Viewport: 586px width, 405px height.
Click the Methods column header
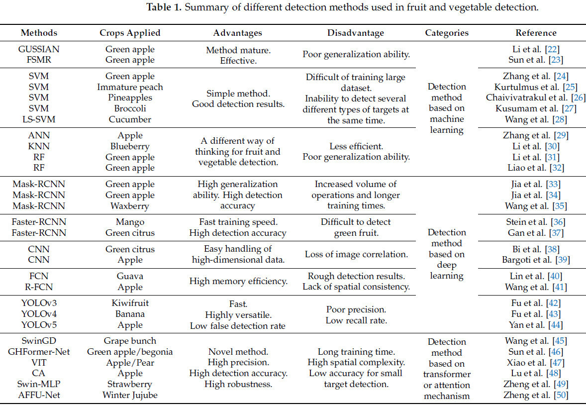tap(39, 33)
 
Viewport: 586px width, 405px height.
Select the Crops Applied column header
tap(130, 33)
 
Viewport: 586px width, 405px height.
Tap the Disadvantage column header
tap(356, 33)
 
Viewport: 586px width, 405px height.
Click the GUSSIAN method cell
tap(39, 49)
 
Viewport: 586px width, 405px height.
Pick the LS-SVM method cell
tap(39, 119)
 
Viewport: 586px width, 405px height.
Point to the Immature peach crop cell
tap(130, 87)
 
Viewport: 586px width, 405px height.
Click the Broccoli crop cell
tap(130, 108)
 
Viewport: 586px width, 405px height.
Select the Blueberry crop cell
tap(130, 146)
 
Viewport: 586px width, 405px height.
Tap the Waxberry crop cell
tap(130, 205)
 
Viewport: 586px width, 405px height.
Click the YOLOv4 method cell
tap(39, 314)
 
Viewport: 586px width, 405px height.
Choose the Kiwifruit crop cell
tap(130, 303)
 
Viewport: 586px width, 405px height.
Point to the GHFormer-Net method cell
tap(39, 352)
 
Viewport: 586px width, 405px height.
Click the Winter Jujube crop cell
tap(130, 395)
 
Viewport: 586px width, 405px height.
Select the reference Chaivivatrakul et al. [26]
tap(536, 98)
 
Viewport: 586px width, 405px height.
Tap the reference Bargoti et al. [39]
tap(536, 260)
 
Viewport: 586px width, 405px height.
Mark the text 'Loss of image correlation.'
tap(356, 254)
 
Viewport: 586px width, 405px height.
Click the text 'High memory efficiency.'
tap(238, 281)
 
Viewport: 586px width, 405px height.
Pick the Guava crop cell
tap(130, 276)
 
